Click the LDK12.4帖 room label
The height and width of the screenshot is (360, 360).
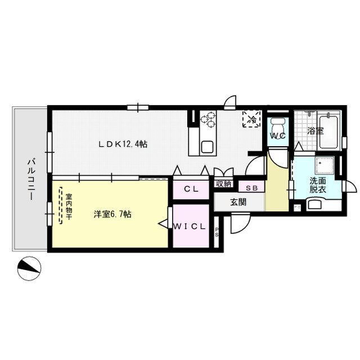tap(123, 144)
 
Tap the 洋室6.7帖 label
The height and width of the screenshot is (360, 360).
tap(113, 214)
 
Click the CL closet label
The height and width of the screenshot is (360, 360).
tap(191, 189)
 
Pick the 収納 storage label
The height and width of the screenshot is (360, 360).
tap(223, 184)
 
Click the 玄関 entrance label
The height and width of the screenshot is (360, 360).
tap(238, 202)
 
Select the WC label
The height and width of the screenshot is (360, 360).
tap(276, 136)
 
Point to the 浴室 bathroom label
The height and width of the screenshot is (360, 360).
tap(315, 131)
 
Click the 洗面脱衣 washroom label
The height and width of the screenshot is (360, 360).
tap(318, 185)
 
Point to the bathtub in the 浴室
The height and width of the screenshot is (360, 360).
tap(328, 132)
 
